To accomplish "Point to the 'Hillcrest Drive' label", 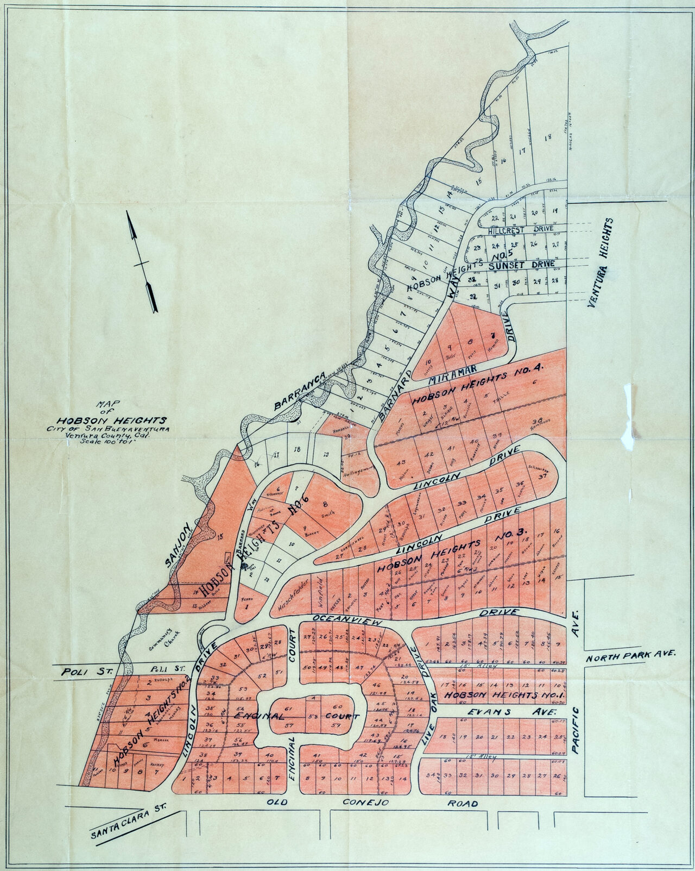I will pos(520,230).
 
